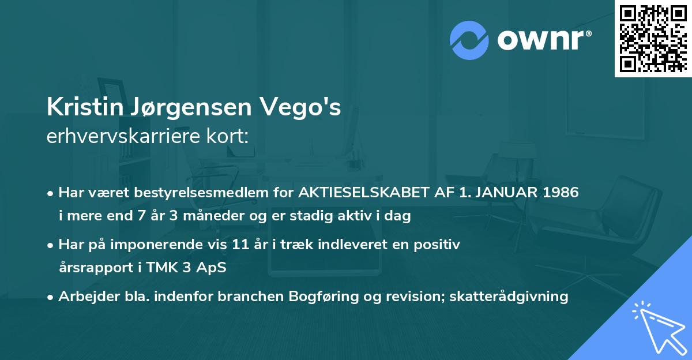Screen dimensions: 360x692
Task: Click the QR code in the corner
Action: tap(653, 39)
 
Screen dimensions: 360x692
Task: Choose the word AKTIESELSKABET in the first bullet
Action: tap(360, 192)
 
